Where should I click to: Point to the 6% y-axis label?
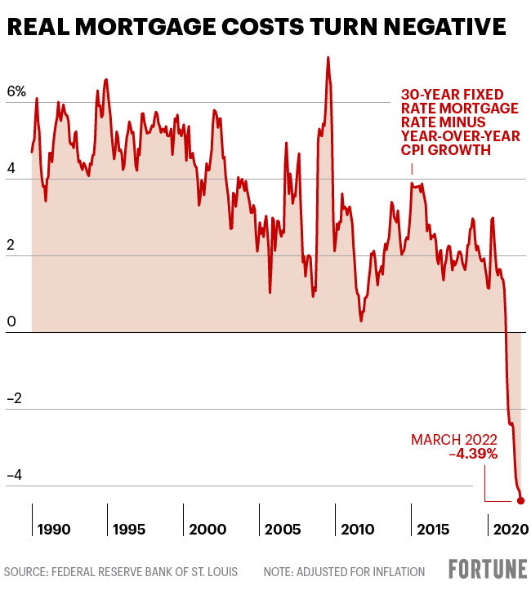tap(16, 91)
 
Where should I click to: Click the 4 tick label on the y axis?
tap(11, 168)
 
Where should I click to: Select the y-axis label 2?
tap(11, 245)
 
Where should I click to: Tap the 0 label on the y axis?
tap(11, 322)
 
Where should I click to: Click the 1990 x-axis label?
tap(54, 530)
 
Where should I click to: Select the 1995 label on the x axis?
tap(129, 530)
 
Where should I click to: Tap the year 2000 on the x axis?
tap(207, 530)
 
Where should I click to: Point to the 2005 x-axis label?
tap(283, 530)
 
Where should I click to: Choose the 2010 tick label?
tap(358, 530)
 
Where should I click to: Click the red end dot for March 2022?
tap(521, 501)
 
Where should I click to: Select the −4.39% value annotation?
tap(473, 454)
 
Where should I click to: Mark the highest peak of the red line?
tap(328, 57)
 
